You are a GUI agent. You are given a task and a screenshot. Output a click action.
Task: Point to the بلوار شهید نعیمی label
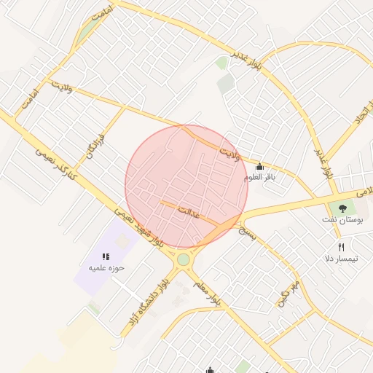[x=138, y=226]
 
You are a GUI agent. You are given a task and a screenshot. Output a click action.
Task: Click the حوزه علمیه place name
[x=107, y=268]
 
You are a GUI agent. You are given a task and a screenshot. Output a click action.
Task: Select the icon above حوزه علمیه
[x=106, y=256]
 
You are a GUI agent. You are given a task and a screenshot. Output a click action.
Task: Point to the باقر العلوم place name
[x=260, y=177]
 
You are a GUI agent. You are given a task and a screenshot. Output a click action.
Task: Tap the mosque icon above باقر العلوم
[x=259, y=166]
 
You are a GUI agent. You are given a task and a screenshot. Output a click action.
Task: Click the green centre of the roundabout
[x=183, y=259]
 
